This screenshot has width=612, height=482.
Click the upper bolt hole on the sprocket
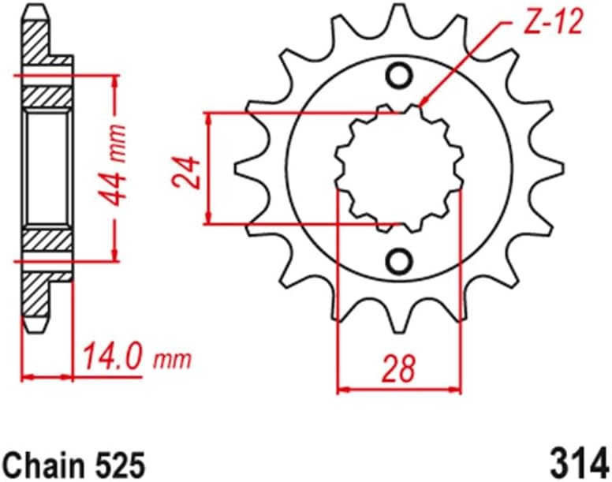[399, 76]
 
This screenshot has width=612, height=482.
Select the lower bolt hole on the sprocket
[399, 260]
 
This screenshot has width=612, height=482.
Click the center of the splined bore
[398, 168]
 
